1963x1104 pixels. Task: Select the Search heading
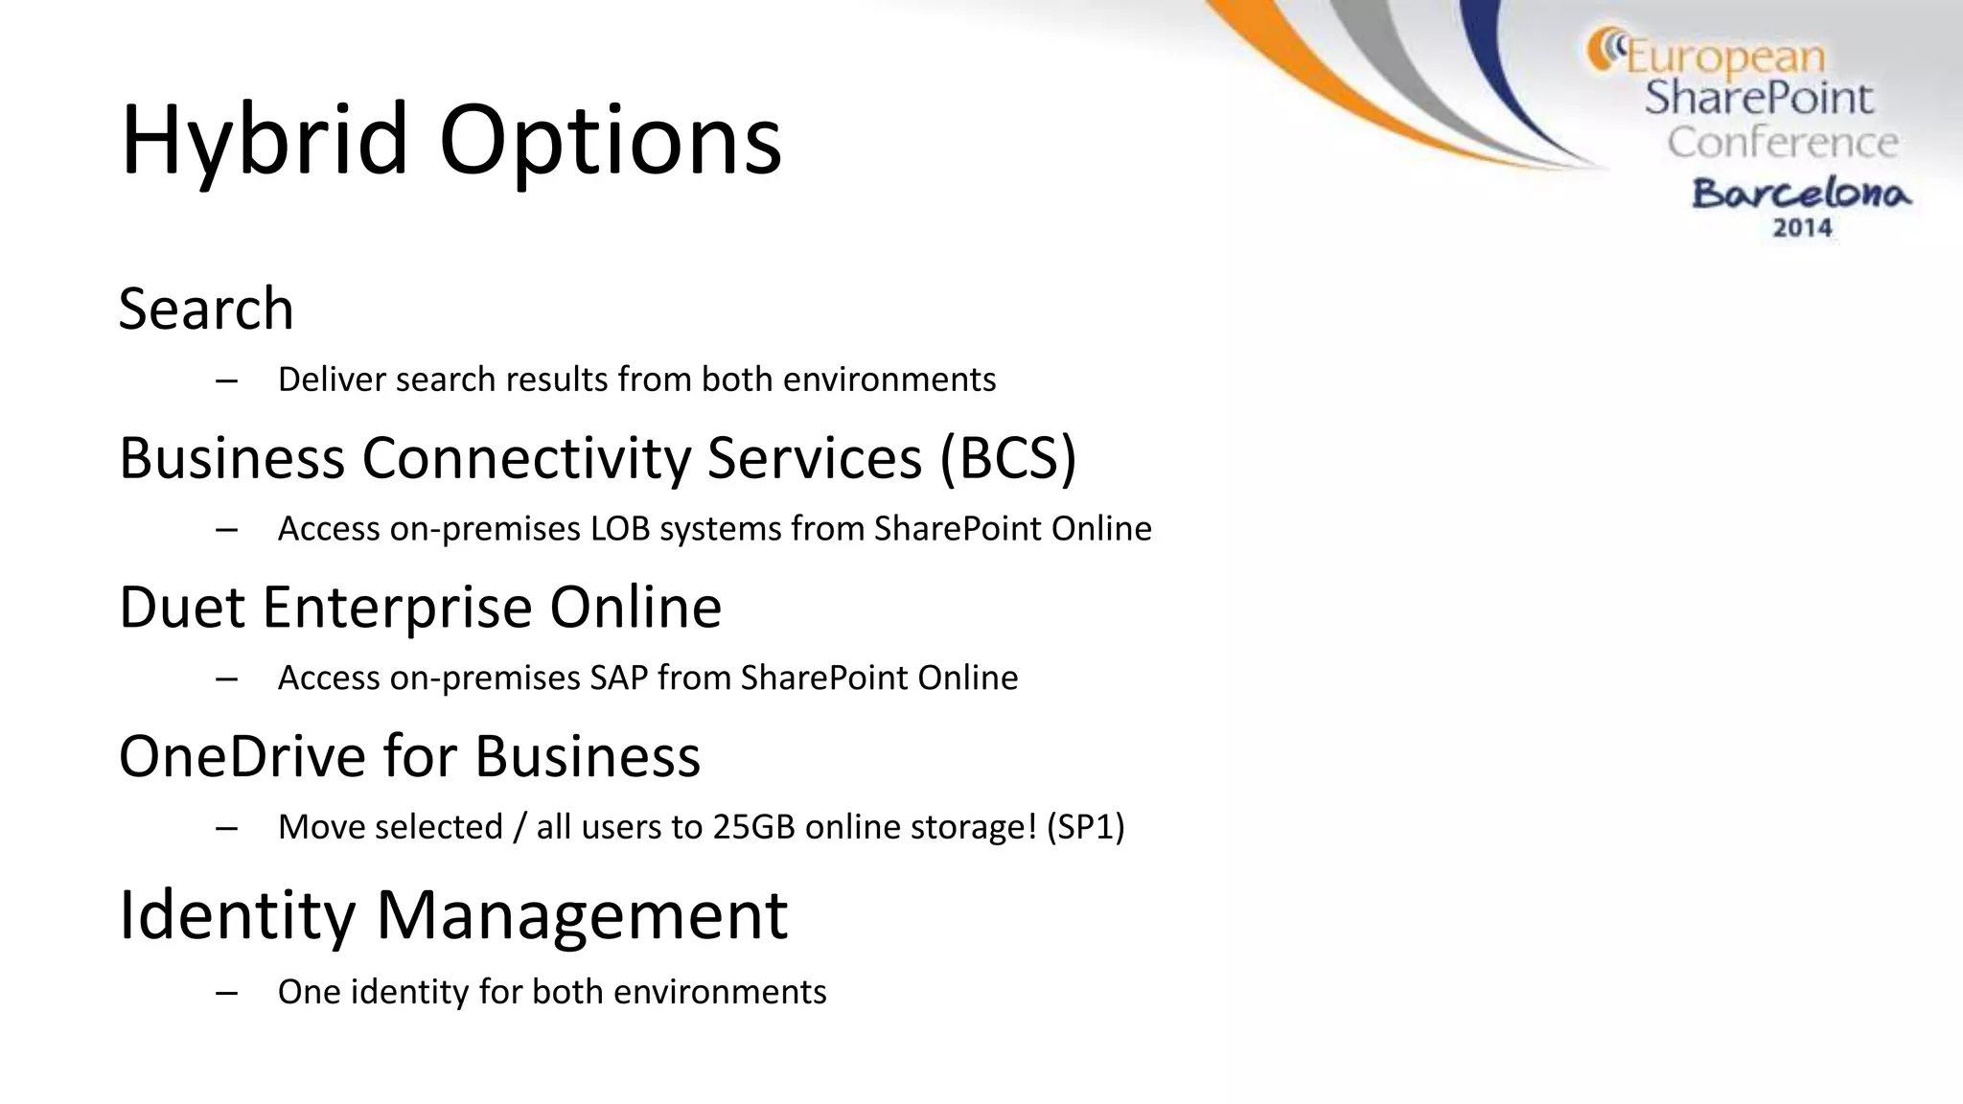pyautogui.click(x=206, y=309)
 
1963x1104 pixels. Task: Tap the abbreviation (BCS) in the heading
pyautogui.click(x=1007, y=457)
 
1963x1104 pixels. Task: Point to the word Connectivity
pyautogui.click(x=525, y=457)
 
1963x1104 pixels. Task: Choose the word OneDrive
pyautogui.click(x=242, y=755)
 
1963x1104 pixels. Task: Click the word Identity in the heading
pyautogui.click(x=237, y=914)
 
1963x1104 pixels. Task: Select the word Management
pyautogui.click(x=582, y=914)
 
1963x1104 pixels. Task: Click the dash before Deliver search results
pyautogui.click(x=227, y=380)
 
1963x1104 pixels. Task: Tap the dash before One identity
pyautogui.click(x=227, y=993)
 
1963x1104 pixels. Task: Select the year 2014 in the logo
pyautogui.click(x=1802, y=228)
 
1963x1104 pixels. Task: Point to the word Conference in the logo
pyautogui.click(x=1782, y=143)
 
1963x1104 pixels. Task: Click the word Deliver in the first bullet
pyautogui.click(x=332, y=379)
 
